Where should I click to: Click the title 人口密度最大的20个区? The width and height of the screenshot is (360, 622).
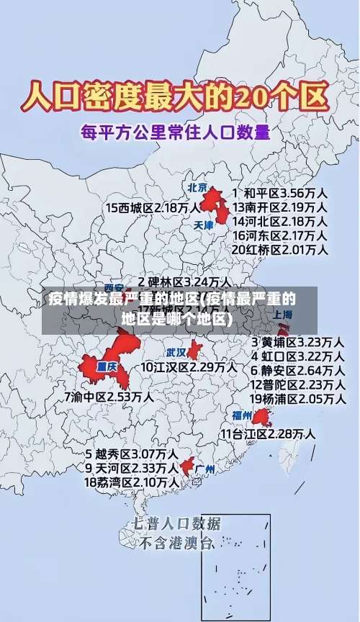tap(176, 96)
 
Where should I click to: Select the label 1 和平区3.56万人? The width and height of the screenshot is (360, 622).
tap(280, 194)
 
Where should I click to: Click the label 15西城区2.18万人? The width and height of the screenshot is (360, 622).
tap(153, 207)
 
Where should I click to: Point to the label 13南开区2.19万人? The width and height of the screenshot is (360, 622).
tap(279, 207)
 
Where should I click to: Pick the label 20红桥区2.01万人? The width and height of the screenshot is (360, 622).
tap(279, 250)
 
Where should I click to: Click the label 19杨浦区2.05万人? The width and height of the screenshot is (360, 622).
tap(297, 398)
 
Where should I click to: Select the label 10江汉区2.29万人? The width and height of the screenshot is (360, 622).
tap(189, 367)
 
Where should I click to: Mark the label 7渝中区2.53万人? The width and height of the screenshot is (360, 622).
tap(109, 396)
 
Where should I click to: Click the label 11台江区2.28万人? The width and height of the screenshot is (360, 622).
tap(267, 433)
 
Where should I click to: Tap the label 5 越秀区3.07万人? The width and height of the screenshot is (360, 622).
tap(132, 454)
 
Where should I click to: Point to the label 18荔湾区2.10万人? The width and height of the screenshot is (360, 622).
tap(132, 482)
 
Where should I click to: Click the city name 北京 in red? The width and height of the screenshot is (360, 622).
tap(198, 188)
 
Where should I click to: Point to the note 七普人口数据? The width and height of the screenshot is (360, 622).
tap(177, 523)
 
